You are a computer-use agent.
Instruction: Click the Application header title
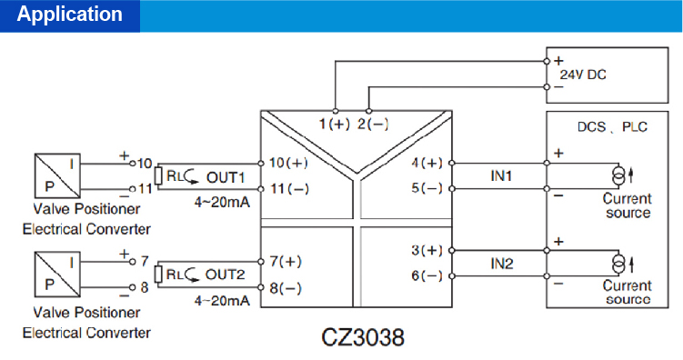coord(70,15)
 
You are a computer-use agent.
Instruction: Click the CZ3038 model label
coord(363,336)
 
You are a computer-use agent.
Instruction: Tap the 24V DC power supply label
coord(582,75)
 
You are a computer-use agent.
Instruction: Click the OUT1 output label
coord(226,175)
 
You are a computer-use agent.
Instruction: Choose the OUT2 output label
coord(226,274)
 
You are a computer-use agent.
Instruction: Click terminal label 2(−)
coord(373,124)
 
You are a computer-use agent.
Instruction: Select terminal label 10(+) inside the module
coord(289,163)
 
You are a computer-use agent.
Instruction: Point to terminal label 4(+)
coord(427,163)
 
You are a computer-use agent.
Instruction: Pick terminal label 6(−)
coord(427,275)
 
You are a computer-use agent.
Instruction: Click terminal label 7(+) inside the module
coord(286,261)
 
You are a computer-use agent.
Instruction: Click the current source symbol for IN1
coord(620,175)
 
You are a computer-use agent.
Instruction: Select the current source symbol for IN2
coord(620,263)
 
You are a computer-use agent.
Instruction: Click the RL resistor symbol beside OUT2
coord(159,274)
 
